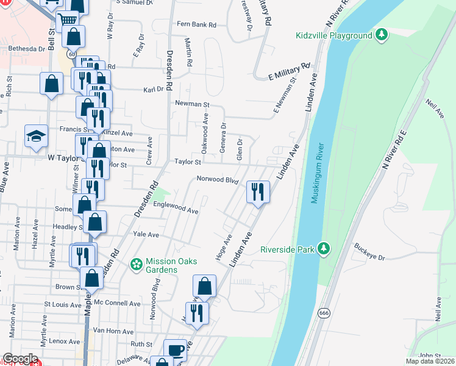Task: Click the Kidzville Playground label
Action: [333, 35]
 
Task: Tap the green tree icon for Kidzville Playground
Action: [382, 35]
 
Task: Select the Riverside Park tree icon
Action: [325, 248]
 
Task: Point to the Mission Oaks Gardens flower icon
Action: [137, 265]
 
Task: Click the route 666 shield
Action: [323, 312]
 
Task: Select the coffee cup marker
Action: [176, 350]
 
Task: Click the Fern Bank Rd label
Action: [196, 25]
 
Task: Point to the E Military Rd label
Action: [290, 71]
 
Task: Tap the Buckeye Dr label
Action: [369, 253]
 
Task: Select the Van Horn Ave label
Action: [113, 331]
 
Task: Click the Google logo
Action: [20, 359]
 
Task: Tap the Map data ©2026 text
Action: [429, 361]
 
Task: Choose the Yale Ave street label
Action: [146, 235]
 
